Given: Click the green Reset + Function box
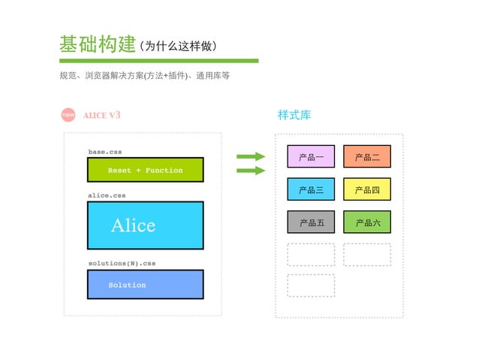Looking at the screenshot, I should click(x=145, y=170).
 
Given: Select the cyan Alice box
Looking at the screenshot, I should click(x=145, y=225).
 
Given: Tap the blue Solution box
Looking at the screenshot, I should click(x=145, y=285).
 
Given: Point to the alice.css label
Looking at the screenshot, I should click(x=107, y=195).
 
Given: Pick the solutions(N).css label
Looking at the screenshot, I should click(x=121, y=264).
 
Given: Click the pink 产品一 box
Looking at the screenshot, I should click(x=311, y=157).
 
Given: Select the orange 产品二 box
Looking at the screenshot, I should click(x=367, y=157).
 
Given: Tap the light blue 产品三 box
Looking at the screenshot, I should click(x=311, y=190).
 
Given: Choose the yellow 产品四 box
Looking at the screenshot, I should click(x=367, y=190).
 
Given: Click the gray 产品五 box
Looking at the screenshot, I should click(x=311, y=222).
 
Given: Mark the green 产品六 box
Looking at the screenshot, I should click(x=367, y=222).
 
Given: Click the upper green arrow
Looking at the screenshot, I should click(x=251, y=156).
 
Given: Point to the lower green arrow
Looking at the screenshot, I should click(x=251, y=171).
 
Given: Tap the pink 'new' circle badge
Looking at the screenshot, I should click(x=68, y=115).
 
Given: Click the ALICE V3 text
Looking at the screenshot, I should click(x=101, y=115).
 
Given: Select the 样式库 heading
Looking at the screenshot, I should click(x=294, y=115).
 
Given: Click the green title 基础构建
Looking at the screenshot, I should click(x=97, y=44).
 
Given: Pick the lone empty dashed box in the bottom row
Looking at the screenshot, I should click(x=311, y=286).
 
